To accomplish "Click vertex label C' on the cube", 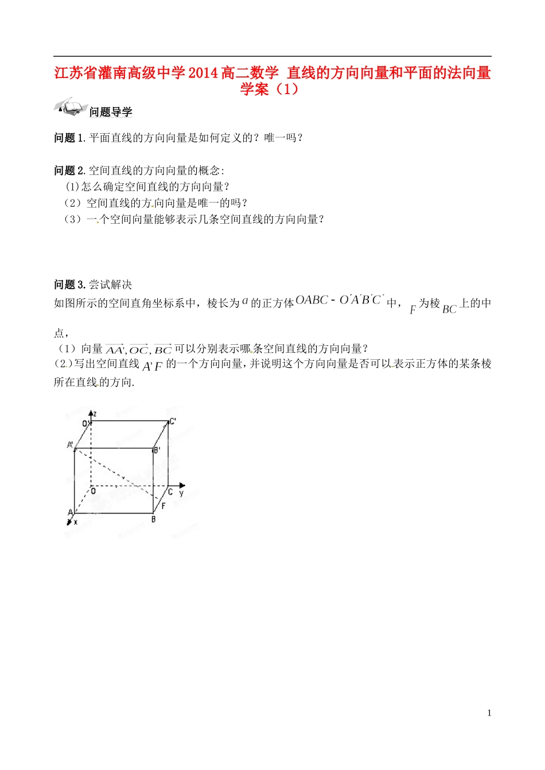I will (173, 421).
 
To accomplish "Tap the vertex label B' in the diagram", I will (157, 450).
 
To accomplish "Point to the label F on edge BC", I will (163, 506).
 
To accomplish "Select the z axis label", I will (95, 413).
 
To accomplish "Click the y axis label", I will (181, 493).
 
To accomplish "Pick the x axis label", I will (76, 522).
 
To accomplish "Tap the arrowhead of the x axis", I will (69, 522).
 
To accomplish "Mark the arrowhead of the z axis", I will (90, 413).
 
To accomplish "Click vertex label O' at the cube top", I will (85, 423).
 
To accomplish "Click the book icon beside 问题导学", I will (69, 107).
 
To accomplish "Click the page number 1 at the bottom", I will (489, 713).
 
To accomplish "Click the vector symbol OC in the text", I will (139, 349).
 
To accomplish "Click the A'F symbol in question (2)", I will (153, 366).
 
